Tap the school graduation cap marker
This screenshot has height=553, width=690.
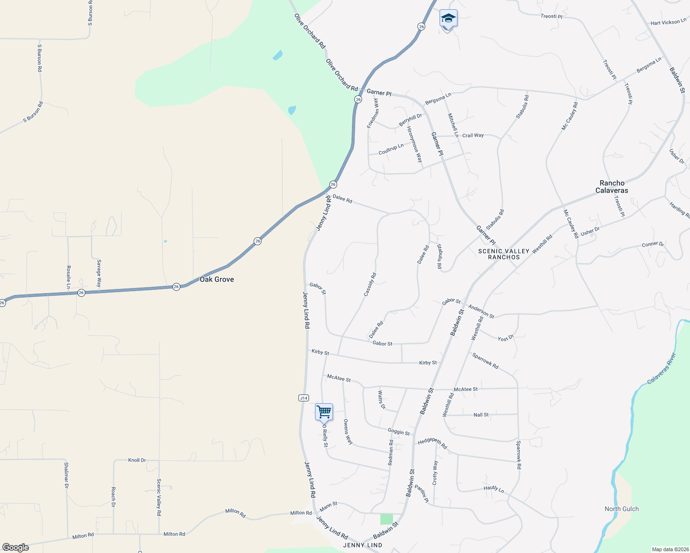[448, 19]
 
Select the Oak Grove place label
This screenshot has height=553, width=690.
[217, 279]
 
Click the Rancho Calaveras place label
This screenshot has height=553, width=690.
[612, 187]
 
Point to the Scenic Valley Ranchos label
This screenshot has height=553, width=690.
[504, 254]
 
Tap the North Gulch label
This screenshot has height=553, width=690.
[622, 509]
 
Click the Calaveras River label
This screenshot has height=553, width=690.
[661, 368]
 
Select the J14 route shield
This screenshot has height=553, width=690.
[303, 398]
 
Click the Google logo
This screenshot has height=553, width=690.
[16, 547]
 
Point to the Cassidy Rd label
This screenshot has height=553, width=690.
[370, 284]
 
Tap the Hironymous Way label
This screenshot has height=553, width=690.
[415, 144]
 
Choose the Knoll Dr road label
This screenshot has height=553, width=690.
[137, 460]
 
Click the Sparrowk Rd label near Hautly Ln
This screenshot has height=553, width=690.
[518, 455]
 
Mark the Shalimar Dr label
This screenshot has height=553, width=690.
[66, 475]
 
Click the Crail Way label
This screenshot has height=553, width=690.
[473, 135]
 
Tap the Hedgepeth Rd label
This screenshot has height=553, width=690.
[432, 443]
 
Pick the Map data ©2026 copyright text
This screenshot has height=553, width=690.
[670, 549]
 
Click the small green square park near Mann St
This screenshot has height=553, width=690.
[386, 519]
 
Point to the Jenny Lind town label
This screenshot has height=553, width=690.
[363, 545]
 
